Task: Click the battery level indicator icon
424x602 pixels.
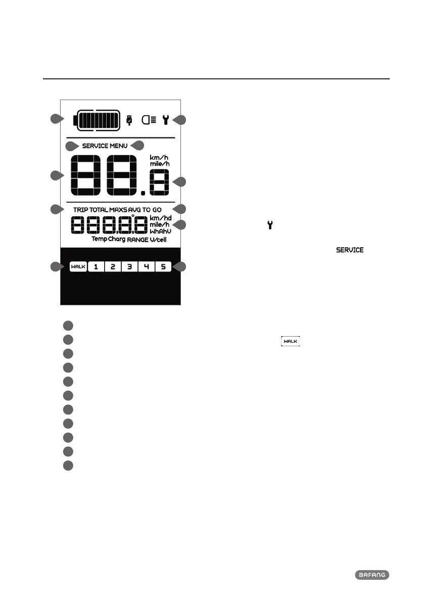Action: (98, 120)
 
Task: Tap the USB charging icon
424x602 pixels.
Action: (129, 120)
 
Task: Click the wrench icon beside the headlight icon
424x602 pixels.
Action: (165, 120)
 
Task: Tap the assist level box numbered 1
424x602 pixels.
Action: (96, 266)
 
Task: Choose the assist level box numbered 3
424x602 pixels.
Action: (129, 266)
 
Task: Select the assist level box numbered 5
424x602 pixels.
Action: (163, 266)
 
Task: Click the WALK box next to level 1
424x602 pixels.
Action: (78, 266)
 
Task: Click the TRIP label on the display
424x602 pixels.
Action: (80, 209)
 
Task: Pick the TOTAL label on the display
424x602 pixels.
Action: (99, 209)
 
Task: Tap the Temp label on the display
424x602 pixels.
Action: (99, 239)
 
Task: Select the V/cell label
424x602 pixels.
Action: (158, 240)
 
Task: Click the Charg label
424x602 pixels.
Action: (117, 239)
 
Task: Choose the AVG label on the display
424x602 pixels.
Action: (133, 209)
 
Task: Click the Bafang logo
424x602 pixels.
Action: (372, 575)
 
